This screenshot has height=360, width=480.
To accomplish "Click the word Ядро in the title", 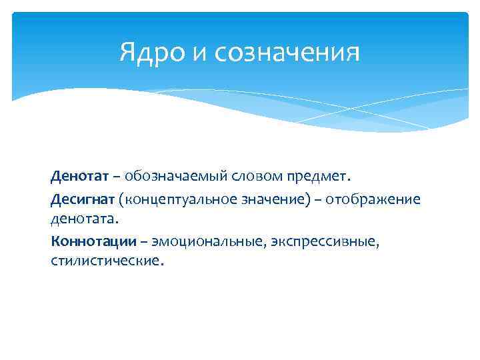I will [x=153, y=53].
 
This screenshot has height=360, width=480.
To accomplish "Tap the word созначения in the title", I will [x=288, y=53].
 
